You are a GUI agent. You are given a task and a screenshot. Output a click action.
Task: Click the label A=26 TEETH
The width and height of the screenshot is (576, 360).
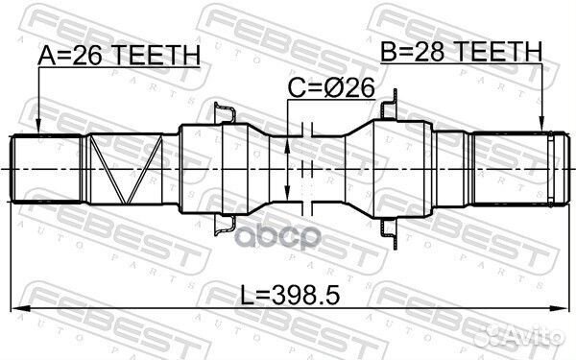pos(119,57)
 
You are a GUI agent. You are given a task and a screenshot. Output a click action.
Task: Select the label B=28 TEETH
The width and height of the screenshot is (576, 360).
pos(461,51)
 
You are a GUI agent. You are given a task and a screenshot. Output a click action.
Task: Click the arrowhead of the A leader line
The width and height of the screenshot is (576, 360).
pos(37,131)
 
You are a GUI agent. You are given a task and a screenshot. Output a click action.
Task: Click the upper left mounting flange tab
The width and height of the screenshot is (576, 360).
pos(224,114)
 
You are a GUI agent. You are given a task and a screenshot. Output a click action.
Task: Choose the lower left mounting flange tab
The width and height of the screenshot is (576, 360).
pos(224,222)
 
